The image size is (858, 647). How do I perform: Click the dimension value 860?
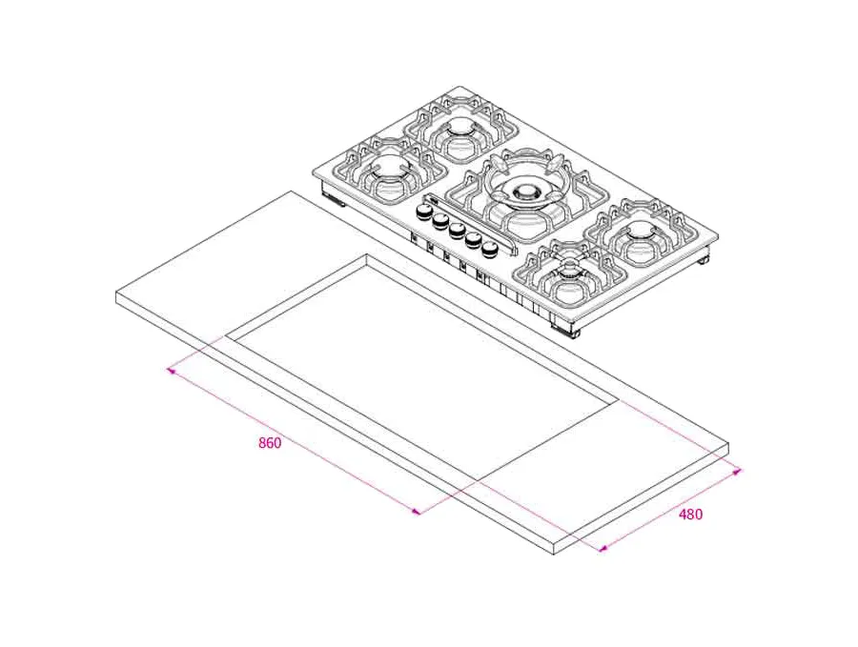pyautogui.click(x=270, y=443)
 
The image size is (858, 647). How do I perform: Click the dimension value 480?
pyautogui.click(x=690, y=515)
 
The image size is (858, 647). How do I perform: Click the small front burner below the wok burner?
pyautogui.click(x=569, y=276)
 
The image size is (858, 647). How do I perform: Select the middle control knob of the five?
pyautogui.click(x=458, y=231)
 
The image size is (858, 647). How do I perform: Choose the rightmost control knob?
pyautogui.click(x=490, y=249)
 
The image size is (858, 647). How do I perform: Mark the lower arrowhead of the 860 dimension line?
pyautogui.click(x=417, y=512)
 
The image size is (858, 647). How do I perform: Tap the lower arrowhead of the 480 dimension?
pyautogui.click(x=602, y=547)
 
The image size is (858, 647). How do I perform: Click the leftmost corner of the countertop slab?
pyautogui.click(x=116, y=293)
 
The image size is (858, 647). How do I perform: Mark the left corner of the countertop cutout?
pyautogui.click(x=227, y=335)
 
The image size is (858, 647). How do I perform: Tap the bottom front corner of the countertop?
pyautogui.click(x=562, y=551)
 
